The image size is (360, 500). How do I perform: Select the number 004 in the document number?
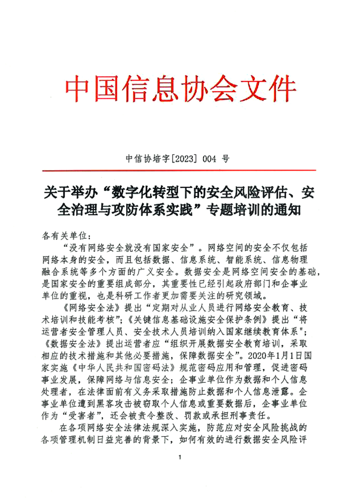(210, 159)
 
